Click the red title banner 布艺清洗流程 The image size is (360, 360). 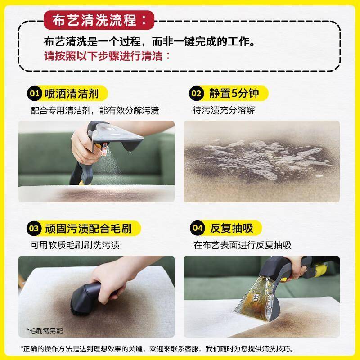point(99,20)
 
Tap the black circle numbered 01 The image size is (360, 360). point(35,94)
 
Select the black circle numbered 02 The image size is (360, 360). point(196,94)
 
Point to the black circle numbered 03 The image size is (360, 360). point(34,228)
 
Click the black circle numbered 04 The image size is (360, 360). point(198,228)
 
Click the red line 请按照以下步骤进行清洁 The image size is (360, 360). point(107,56)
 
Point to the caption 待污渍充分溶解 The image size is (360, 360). point(224,110)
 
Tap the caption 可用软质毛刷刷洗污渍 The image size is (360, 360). point(75,245)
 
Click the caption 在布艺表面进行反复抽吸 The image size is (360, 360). point(242,245)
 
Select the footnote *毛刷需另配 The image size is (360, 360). point(45,331)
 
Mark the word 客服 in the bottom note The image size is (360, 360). point(192,349)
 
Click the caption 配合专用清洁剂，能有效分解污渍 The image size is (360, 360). point(95,110)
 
